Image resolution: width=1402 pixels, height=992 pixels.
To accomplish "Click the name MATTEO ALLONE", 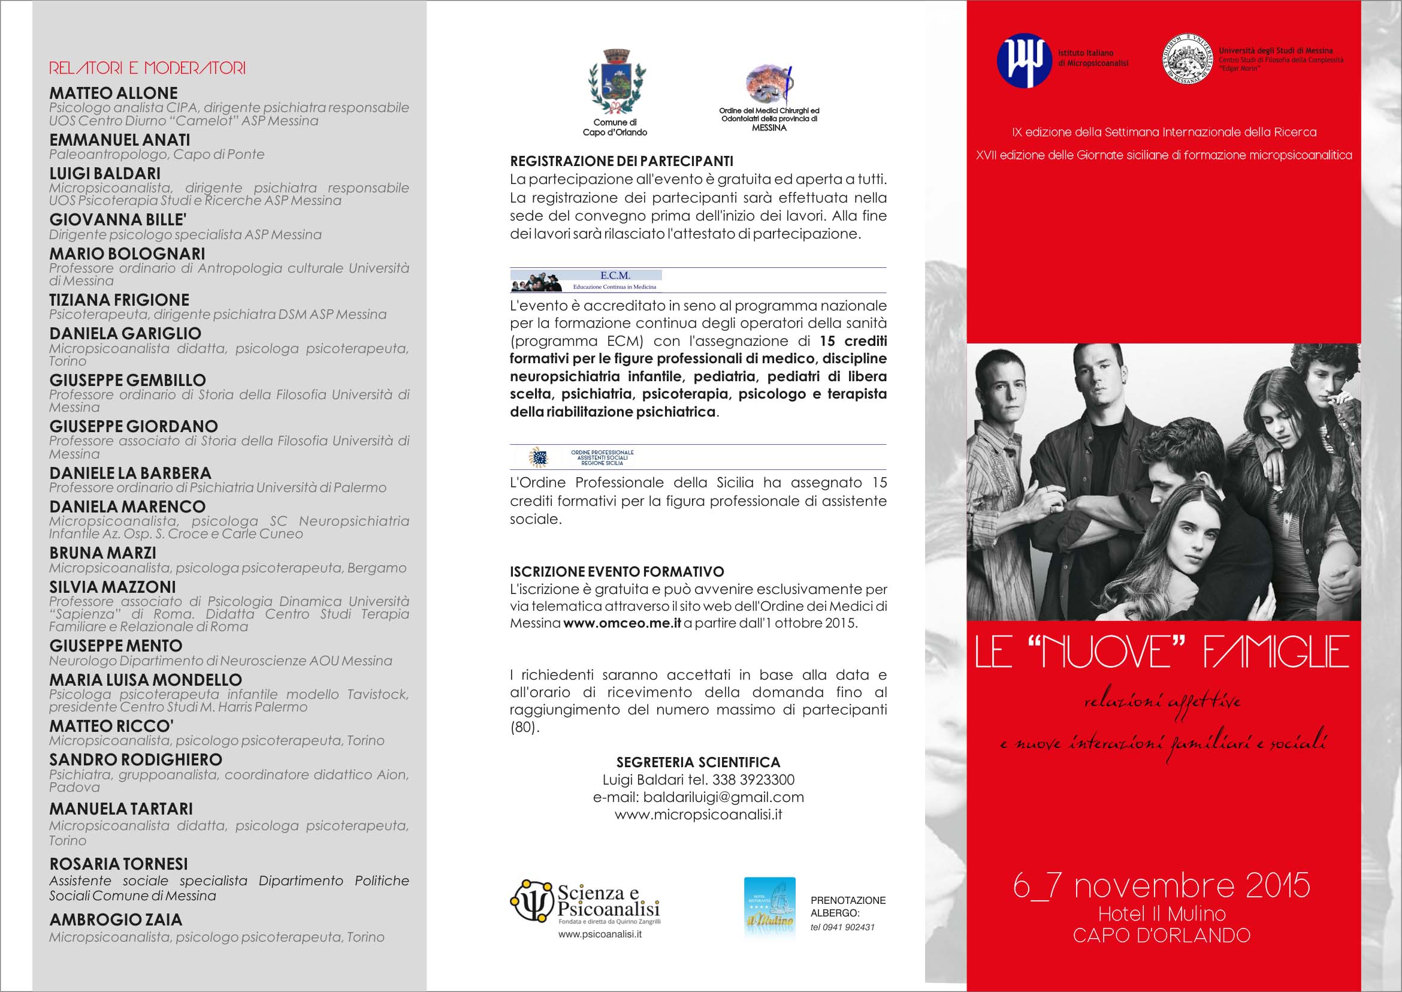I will pos(114,94).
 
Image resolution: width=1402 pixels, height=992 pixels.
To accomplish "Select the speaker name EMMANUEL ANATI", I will pos(120,140).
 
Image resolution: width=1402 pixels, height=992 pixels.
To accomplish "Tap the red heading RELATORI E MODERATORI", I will pos(147,68).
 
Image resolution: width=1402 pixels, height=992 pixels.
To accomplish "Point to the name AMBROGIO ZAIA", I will pos(116,919).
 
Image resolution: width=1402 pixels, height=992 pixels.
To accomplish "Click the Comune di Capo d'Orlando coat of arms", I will pos(616,83).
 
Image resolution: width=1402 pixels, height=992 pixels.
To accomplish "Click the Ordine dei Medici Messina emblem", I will pos(769,86).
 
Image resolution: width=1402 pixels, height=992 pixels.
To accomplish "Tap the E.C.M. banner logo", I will pos(586,281).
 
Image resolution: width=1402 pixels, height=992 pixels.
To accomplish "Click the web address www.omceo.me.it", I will pos(622,623).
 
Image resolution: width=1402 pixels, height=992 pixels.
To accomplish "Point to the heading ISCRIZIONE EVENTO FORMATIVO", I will pos(617,572).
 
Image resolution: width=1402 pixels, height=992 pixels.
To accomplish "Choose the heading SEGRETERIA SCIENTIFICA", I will pos(698,762).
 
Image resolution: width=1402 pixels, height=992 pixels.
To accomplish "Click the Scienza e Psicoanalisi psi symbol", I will pos(532,901).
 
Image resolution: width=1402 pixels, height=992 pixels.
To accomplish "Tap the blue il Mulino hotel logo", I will pos(769,906).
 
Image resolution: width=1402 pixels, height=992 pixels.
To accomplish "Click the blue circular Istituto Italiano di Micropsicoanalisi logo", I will pos(1024,61).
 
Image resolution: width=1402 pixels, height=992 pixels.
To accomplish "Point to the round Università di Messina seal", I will pos(1187,59).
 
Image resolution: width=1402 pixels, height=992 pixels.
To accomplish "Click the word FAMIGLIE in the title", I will pos(1276,652).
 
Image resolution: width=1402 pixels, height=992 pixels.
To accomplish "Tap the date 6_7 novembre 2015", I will pos(1161,886).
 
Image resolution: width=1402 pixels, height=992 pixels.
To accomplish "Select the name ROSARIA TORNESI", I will pos(119,864).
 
